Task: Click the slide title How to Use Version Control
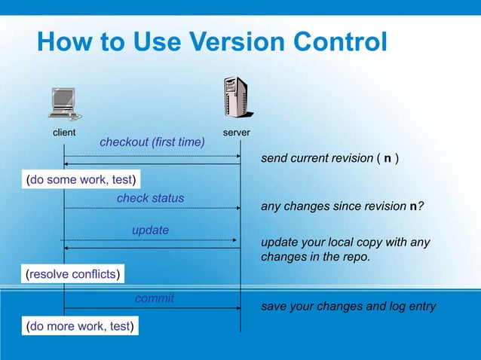tap(212, 41)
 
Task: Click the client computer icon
tap(64, 105)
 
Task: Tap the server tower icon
tap(236, 99)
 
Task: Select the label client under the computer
tap(64, 133)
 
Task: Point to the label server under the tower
tap(237, 133)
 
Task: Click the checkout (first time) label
tap(152, 142)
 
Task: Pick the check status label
tap(150, 198)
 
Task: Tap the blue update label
tap(150, 230)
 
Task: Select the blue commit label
tap(154, 298)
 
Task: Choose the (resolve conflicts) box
tap(73, 274)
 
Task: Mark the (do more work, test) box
tap(81, 326)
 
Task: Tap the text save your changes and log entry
tap(348, 307)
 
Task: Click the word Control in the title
tap(323, 41)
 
